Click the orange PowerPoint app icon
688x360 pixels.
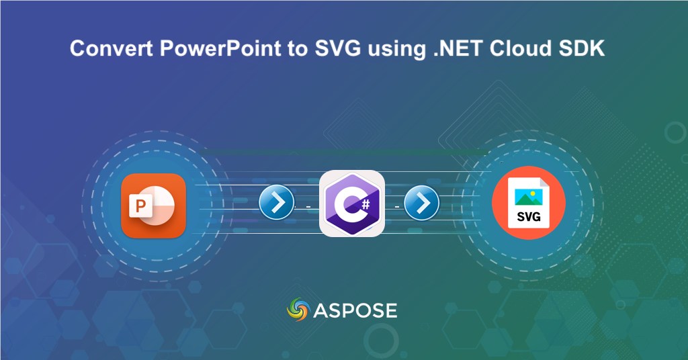(153, 206)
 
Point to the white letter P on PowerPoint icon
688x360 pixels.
(140, 206)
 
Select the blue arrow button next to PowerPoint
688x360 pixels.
(276, 201)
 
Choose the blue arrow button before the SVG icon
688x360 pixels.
(421, 201)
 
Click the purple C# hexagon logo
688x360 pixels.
(351, 204)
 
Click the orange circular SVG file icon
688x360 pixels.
(528, 204)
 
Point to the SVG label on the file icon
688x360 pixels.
(529, 217)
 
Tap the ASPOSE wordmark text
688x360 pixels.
(355, 310)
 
